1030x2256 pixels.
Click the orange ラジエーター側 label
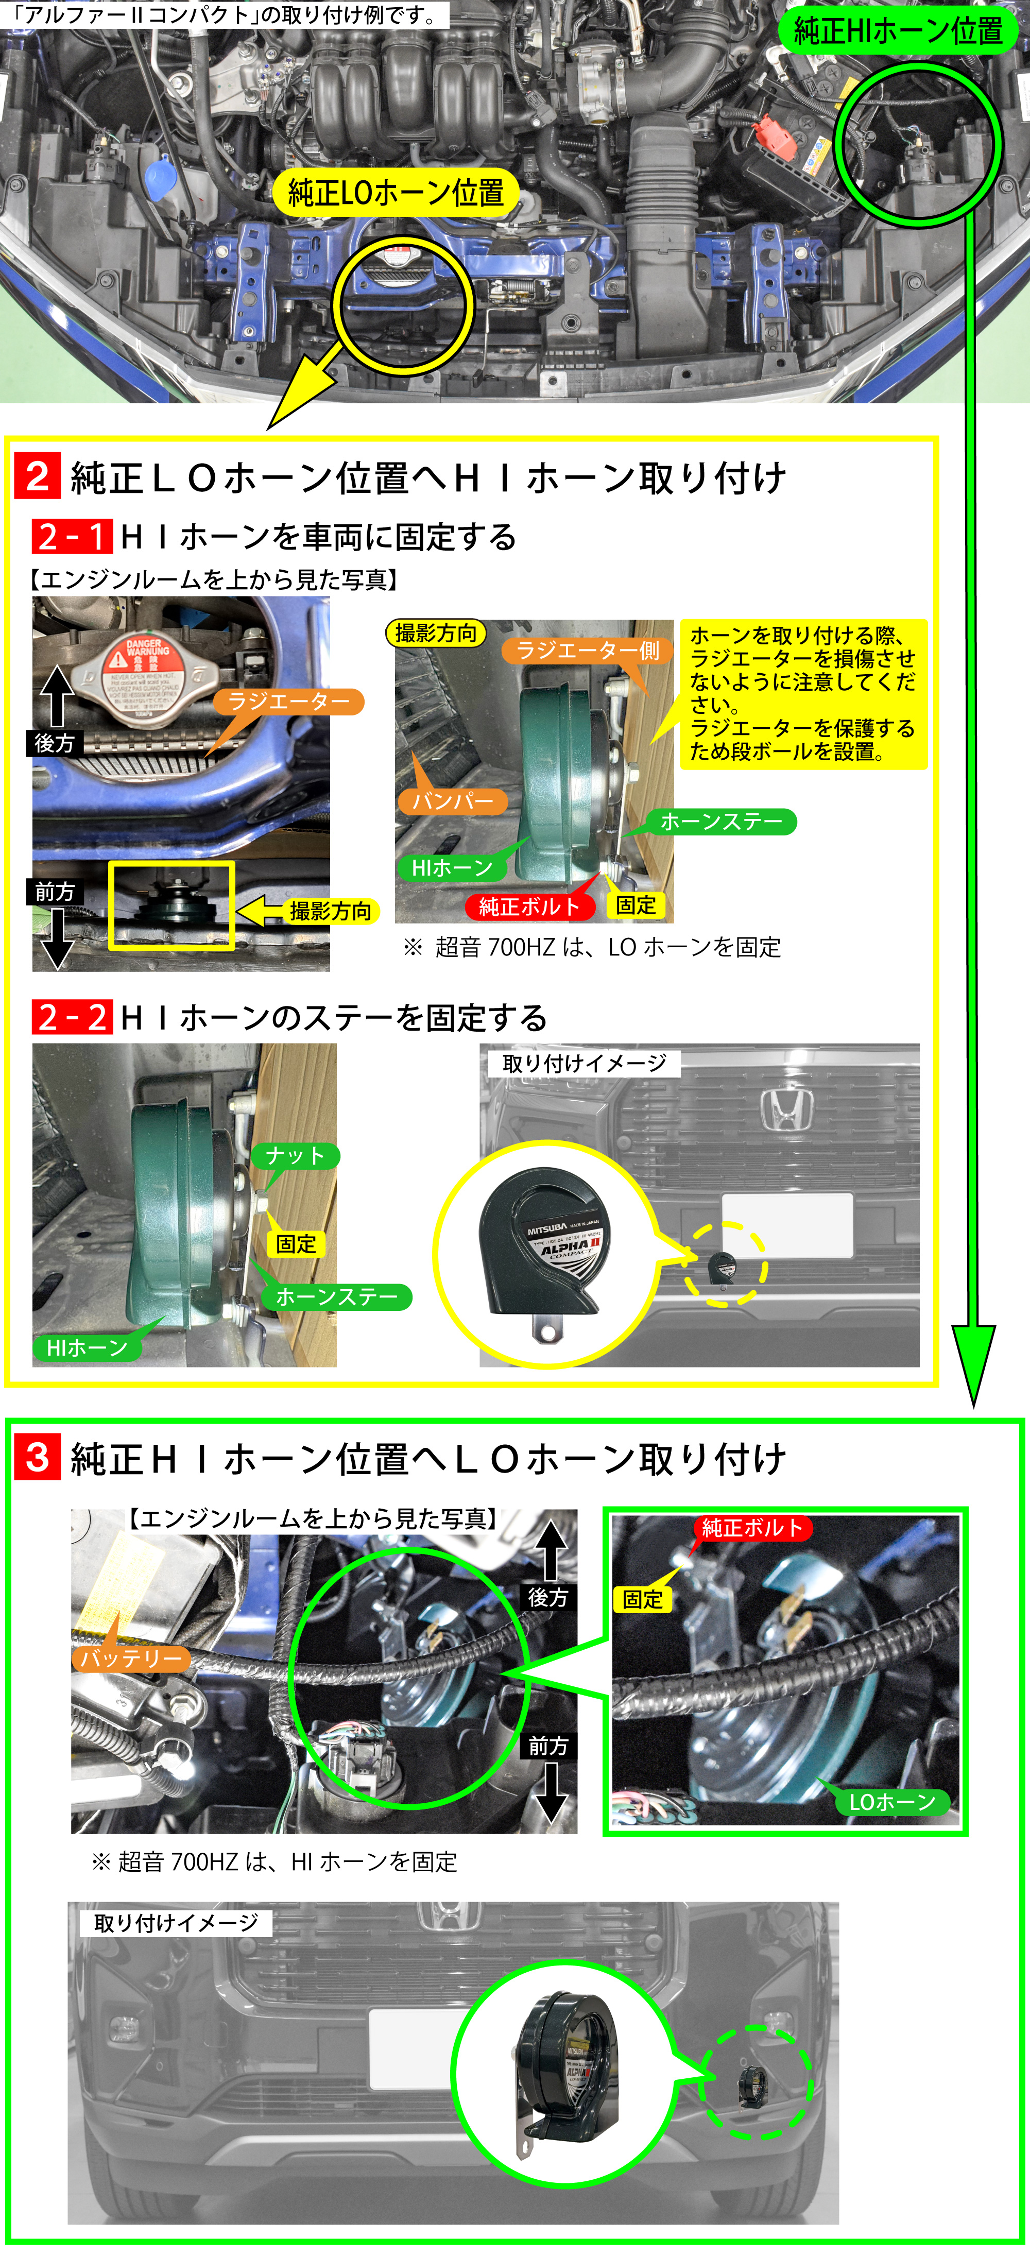click(587, 651)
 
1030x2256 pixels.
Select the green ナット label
click(295, 1156)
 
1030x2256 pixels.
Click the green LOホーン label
click(891, 1802)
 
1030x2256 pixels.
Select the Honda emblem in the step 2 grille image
click(786, 1109)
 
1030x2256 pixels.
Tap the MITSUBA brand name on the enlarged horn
click(546, 1229)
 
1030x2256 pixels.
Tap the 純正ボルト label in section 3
click(751, 1528)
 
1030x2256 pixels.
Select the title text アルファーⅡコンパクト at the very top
click(224, 15)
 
